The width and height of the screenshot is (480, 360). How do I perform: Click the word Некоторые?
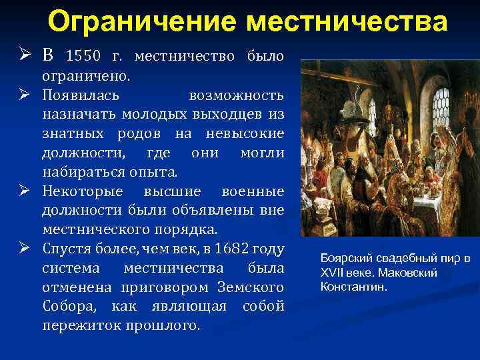(x=83, y=191)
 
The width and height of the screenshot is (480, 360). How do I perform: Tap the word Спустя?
(x=67, y=249)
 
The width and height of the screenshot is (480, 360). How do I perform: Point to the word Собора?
(x=66, y=307)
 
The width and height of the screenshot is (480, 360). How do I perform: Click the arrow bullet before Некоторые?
(x=25, y=191)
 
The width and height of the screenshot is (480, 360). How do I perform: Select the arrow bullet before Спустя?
(x=25, y=249)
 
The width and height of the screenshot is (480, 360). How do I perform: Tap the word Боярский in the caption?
(x=346, y=258)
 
